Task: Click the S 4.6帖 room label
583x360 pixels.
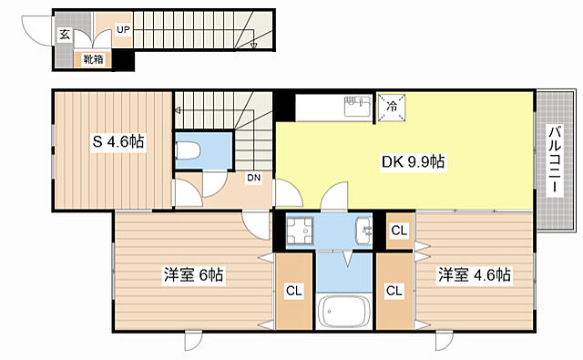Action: pos(117,142)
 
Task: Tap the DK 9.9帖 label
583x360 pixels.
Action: pos(412,162)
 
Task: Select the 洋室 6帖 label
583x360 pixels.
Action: pos(194,273)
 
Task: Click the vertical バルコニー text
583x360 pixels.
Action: pos(554,160)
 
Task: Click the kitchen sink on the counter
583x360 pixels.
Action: pos(354,108)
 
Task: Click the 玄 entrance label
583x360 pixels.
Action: pos(65,35)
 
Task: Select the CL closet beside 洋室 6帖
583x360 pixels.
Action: pos(293,292)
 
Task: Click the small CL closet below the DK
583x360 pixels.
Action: pos(398,231)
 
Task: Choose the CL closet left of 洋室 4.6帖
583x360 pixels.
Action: pos(394,292)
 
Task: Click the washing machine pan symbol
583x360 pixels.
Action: pos(298,232)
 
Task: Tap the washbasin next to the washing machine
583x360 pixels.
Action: pos(363,231)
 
